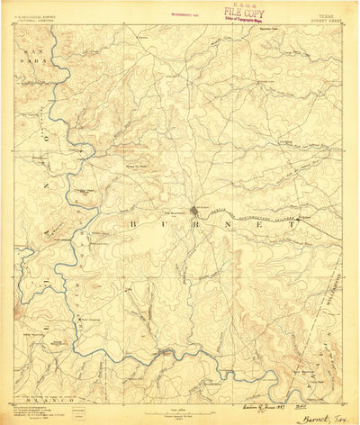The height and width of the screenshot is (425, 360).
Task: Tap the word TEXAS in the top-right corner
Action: pyautogui.click(x=322, y=14)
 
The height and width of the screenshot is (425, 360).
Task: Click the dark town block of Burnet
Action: pyautogui.click(x=197, y=212)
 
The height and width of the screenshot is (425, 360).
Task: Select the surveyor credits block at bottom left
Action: pyautogui.click(x=36, y=389)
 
